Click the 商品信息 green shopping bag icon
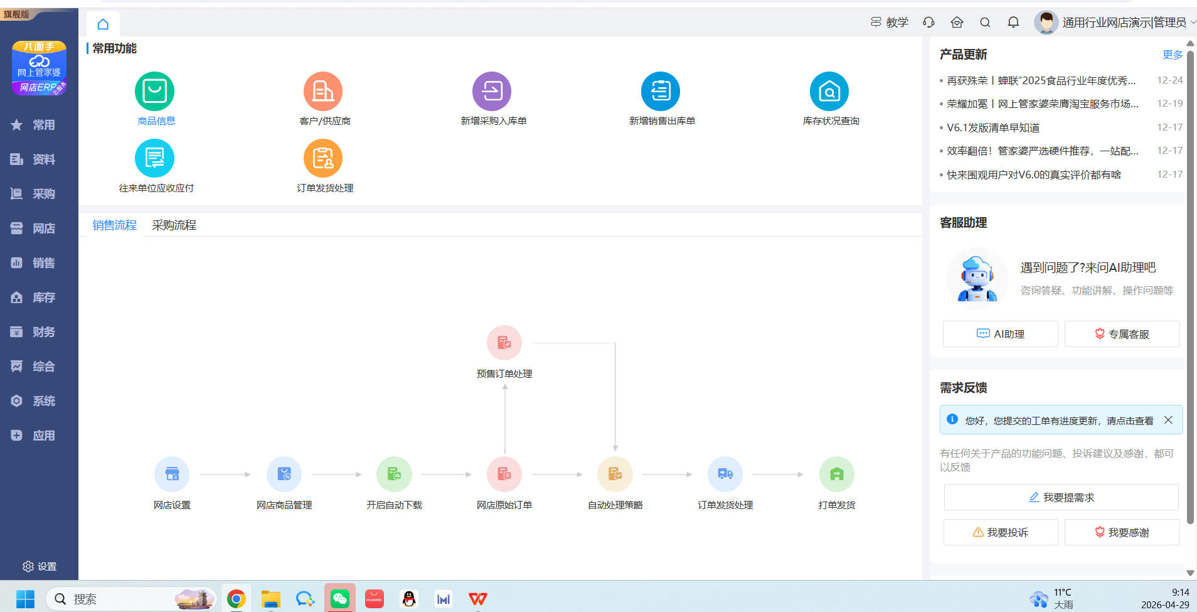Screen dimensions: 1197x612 coord(154,91)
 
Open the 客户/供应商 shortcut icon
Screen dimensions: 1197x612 coord(323,91)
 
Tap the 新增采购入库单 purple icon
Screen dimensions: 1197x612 coord(492,91)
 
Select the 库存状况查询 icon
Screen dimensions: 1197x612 coord(829,91)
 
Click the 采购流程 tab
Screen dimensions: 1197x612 coord(174,225)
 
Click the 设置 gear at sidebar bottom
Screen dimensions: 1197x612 coord(28,566)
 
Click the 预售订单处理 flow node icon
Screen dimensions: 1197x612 coord(504,343)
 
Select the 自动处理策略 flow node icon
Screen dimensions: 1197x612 coord(615,474)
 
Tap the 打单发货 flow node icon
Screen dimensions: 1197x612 coord(837,474)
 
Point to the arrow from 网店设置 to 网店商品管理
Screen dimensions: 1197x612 coord(225,475)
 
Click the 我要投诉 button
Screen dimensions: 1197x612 coord(1001,532)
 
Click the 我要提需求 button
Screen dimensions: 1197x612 coord(1061,497)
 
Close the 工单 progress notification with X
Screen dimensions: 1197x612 coord(1168,420)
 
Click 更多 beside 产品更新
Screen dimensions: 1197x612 coord(1173,55)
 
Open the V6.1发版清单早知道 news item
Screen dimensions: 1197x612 coord(993,127)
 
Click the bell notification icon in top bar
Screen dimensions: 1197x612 coord(1013,23)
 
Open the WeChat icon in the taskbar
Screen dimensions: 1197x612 coord(340,599)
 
